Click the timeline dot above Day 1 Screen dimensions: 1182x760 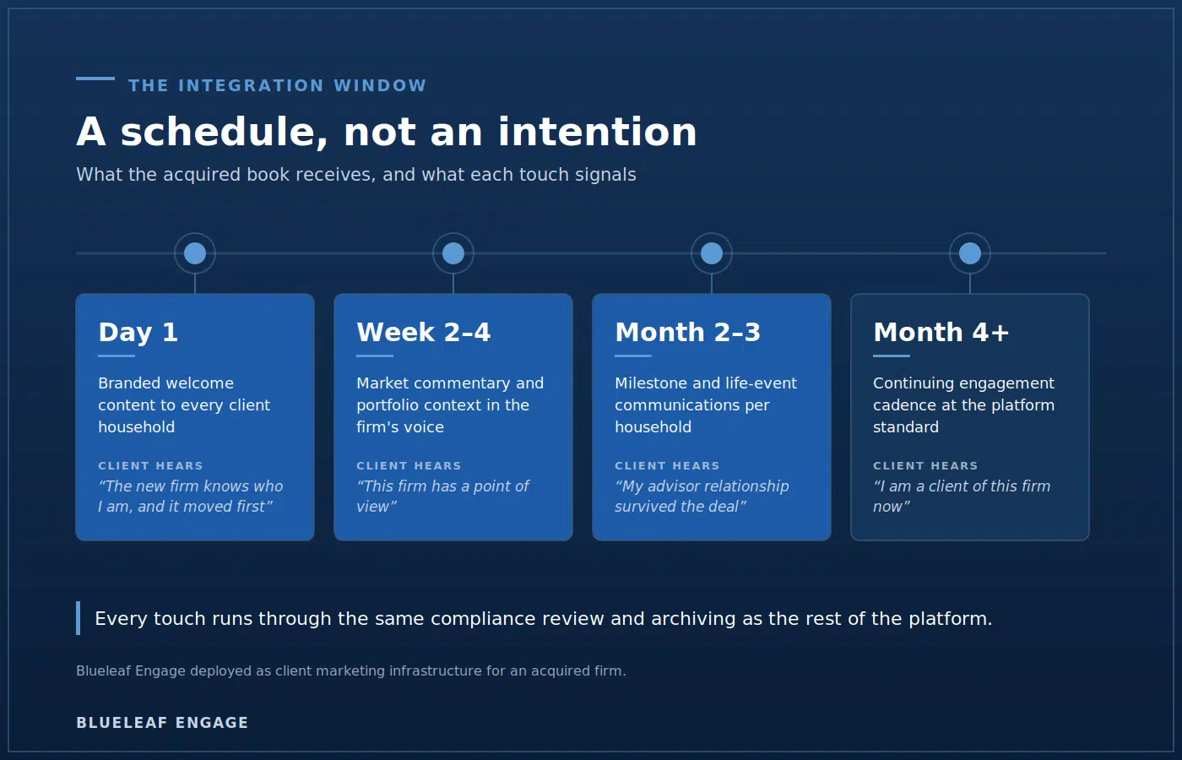coord(195,253)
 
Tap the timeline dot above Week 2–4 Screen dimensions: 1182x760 coord(453,253)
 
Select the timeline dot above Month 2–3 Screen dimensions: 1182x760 coord(711,253)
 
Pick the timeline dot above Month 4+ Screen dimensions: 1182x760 coord(970,253)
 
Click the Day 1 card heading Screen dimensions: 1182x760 coord(138,333)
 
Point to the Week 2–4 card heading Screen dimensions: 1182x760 coord(424,333)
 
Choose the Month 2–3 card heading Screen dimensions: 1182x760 coord(687,333)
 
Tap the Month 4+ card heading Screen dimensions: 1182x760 coord(941,333)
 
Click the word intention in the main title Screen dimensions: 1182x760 coord(598,132)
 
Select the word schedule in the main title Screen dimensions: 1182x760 coord(225,132)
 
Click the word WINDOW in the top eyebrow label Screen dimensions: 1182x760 coord(380,85)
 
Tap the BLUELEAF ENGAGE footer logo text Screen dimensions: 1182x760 coord(162,723)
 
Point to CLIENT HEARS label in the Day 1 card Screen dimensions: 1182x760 coord(150,465)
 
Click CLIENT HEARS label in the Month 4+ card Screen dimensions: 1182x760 coord(925,465)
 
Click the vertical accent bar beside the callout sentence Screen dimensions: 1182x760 coord(78,618)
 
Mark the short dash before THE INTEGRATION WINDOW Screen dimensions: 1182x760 coord(95,79)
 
